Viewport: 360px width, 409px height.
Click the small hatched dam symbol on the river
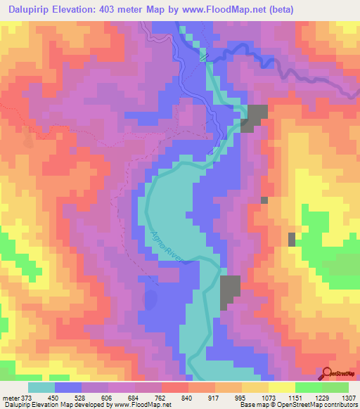(204, 56)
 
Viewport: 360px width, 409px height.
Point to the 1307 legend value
(349, 396)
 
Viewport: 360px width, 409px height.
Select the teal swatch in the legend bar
(42, 387)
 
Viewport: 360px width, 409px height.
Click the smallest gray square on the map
(264, 200)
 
